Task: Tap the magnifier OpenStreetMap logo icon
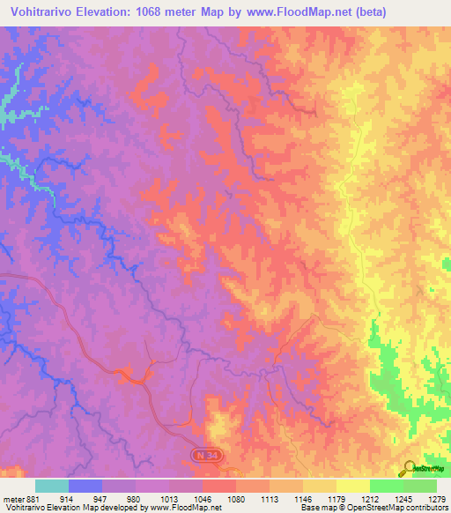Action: click(408, 468)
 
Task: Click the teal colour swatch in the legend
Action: click(51, 486)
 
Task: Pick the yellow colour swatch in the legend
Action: click(352, 486)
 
